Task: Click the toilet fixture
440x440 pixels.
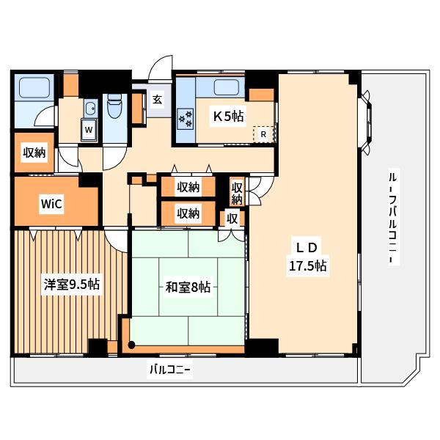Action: (x=115, y=106)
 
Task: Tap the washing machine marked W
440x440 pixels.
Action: (x=89, y=130)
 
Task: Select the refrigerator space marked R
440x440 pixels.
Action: (x=263, y=134)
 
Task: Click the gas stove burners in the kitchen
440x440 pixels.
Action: (x=186, y=118)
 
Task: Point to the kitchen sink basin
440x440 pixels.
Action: (x=226, y=87)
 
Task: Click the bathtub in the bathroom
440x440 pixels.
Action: (x=34, y=88)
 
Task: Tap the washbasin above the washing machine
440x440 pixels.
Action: (x=91, y=109)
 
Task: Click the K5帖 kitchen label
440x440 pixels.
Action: (x=228, y=116)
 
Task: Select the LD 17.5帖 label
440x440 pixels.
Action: (x=307, y=257)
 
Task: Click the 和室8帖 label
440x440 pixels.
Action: (x=188, y=287)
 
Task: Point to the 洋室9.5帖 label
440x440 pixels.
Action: (x=72, y=285)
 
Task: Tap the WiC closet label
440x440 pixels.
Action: (x=51, y=204)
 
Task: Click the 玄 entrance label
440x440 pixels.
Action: (x=158, y=99)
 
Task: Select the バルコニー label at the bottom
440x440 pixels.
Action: (x=170, y=370)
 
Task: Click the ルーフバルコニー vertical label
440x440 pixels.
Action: (x=394, y=216)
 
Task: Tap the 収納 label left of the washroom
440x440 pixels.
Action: (x=34, y=152)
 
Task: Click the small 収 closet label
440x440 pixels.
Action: (x=232, y=219)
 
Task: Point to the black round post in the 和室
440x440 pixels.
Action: (x=131, y=345)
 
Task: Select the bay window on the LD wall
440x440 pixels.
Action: (x=366, y=122)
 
